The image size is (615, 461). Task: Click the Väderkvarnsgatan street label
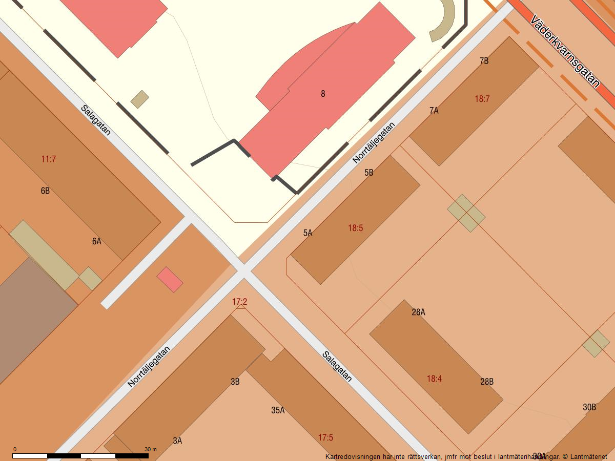coord(565,51)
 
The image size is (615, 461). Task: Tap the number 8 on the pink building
coord(323,94)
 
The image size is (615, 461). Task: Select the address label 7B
coord(484,61)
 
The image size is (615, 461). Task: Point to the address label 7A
coord(434,110)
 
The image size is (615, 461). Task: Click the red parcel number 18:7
coord(482,99)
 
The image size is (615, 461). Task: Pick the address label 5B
coord(369,173)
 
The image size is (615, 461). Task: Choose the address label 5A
coord(307,233)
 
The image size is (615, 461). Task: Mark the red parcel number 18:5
coord(356,228)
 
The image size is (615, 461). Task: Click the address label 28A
coord(419,312)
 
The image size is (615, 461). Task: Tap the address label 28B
coord(487,382)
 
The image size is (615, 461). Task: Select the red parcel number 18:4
coord(434,379)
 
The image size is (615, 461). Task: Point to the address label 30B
coord(589,407)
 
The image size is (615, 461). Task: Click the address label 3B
coord(235,382)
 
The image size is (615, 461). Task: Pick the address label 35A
coord(278,410)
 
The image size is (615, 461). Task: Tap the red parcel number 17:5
coord(325,437)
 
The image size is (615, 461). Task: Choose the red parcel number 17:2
coord(239,302)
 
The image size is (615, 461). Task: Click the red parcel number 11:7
coord(48,159)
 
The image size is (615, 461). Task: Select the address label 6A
coord(96,241)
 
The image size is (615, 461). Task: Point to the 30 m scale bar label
coord(151,449)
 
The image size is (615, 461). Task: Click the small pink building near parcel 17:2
coord(170,280)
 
